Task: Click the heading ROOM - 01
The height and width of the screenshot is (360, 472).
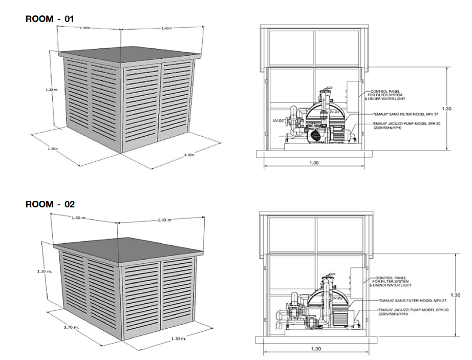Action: [x=50, y=19]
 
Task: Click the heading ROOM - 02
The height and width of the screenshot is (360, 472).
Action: [x=50, y=204]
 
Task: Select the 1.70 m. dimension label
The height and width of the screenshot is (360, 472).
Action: [x=72, y=326]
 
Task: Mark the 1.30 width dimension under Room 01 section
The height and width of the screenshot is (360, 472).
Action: [x=314, y=163]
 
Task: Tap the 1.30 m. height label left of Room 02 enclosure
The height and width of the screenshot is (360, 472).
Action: [x=45, y=271]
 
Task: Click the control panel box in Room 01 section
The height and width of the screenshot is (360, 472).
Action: [x=353, y=96]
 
